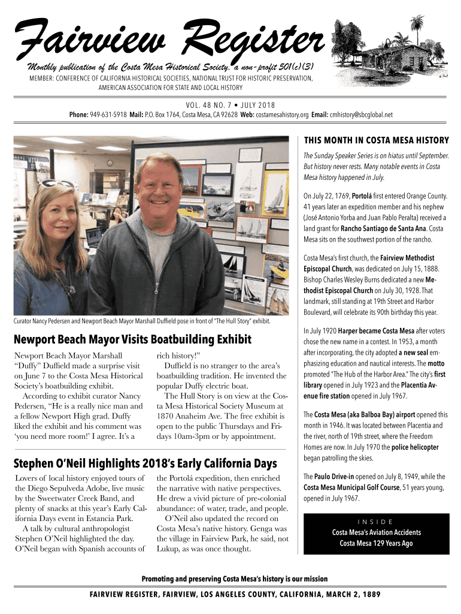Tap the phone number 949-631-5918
109,115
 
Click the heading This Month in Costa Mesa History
376,141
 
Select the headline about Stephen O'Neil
145,463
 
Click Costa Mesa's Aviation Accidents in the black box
376,532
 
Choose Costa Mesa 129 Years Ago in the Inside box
376,543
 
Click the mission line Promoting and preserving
234,579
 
